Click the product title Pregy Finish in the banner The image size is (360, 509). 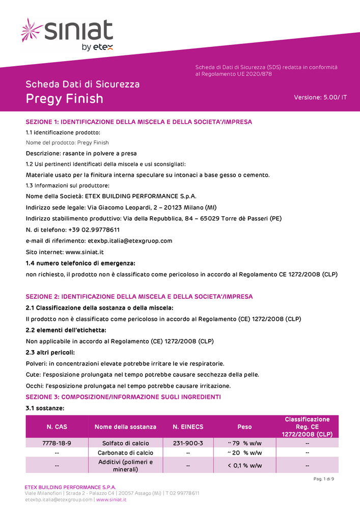65,98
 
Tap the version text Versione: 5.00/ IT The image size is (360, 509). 320,97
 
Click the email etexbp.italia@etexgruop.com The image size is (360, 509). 130,241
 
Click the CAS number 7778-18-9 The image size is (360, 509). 57,443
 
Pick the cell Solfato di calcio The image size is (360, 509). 125,443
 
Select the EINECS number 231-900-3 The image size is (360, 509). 188,443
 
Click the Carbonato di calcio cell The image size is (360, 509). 125,453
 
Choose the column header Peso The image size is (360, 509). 244,427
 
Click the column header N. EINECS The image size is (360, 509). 188,427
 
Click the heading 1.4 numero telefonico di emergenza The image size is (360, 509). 80,263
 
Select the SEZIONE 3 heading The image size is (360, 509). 123,397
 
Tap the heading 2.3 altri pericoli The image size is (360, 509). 50,352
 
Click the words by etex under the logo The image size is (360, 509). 97,47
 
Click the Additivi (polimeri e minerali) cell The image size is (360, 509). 125,465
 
